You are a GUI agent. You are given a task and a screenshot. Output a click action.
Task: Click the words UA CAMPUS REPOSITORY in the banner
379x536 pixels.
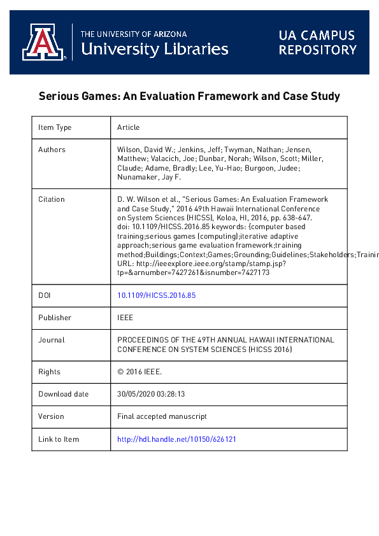click(317, 43)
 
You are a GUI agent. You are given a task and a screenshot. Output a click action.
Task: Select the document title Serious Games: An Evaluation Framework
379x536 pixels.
click(189, 97)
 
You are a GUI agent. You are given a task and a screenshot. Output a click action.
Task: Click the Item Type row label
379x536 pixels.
click(55, 127)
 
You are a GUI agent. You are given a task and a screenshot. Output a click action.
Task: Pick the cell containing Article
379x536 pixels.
click(129, 127)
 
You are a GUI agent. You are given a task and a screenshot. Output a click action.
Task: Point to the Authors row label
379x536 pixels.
click(52, 150)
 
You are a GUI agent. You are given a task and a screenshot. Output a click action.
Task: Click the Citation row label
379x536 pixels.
click(52, 199)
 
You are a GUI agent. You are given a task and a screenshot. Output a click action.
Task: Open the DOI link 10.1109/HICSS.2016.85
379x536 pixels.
click(156, 295)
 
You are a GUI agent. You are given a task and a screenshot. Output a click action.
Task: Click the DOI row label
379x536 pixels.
click(45, 295)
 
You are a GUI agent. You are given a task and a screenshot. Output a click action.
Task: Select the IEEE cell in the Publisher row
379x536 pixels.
click(125, 318)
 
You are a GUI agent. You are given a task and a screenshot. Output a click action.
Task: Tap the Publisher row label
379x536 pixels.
click(55, 318)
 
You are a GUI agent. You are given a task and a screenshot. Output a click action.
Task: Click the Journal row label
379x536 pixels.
click(51, 340)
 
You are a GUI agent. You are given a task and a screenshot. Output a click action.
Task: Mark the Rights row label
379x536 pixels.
click(50, 372)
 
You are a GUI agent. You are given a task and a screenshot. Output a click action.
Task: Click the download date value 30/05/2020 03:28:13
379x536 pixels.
click(151, 394)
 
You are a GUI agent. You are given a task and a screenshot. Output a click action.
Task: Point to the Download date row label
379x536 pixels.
click(64, 394)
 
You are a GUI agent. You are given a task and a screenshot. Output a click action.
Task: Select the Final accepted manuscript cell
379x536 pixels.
click(162, 416)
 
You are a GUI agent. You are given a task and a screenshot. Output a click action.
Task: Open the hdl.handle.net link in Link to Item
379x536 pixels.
click(177, 439)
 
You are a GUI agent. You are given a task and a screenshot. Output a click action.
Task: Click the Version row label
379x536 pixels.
click(51, 416)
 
